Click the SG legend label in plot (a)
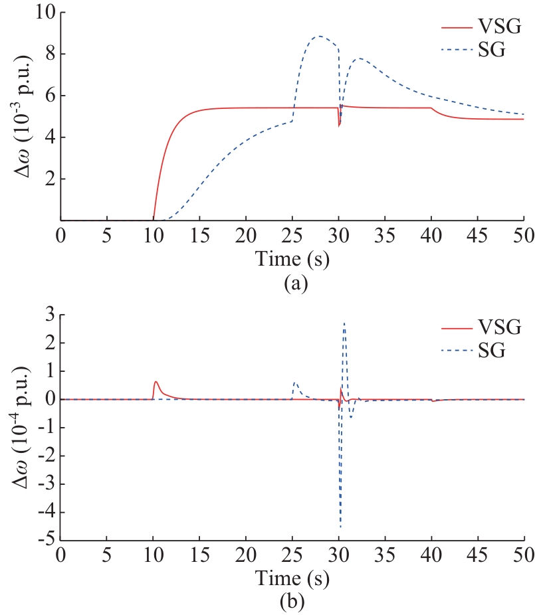click(x=491, y=50)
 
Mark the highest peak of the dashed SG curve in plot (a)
click(x=320, y=36)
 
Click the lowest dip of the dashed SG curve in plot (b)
click(x=341, y=527)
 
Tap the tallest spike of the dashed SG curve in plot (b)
click(x=344, y=323)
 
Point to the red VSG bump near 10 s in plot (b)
click(x=156, y=382)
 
